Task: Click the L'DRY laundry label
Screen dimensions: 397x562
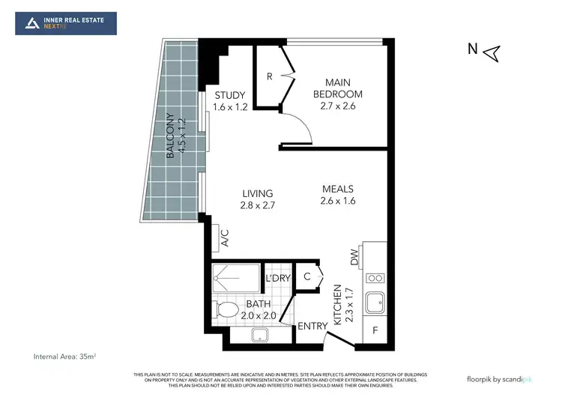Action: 277,279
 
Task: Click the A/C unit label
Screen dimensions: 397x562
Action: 224,238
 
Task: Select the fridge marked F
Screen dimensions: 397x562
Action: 375,330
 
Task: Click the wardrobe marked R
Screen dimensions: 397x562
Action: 269,76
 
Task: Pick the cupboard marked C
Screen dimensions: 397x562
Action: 306,276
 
